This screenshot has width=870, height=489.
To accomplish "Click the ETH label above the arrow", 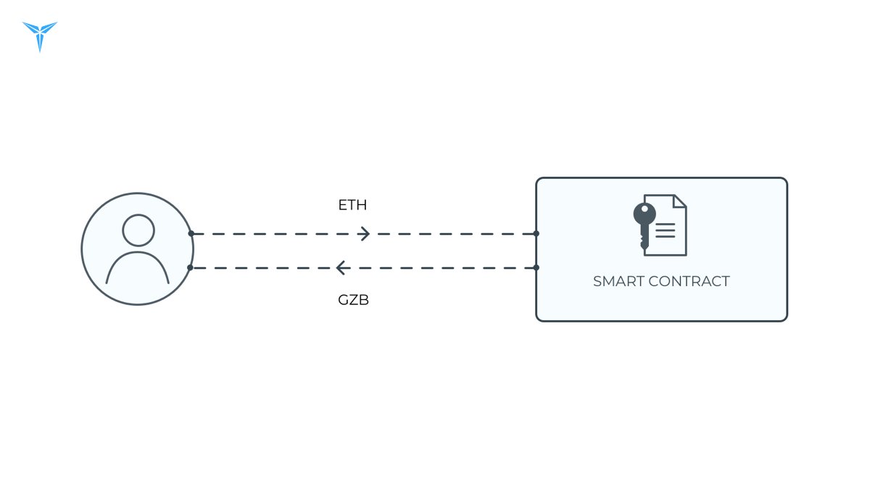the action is (x=352, y=205).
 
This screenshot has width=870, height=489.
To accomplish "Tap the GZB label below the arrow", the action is (x=353, y=300).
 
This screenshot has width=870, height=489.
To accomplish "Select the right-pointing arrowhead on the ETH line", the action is (x=364, y=233).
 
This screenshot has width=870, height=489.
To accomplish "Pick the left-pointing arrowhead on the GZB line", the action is (x=341, y=268).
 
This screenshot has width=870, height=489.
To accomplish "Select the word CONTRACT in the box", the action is (x=689, y=281).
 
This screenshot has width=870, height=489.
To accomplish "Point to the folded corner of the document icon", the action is (x=680, y=201).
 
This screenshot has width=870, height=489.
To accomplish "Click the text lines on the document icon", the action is (x=666, y=230).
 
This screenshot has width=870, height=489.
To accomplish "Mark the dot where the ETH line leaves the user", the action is (x=191, y=233).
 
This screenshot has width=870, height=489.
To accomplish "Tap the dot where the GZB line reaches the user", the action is (x=190, y=268).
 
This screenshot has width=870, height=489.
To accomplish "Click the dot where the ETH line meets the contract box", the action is (x=536, y=233).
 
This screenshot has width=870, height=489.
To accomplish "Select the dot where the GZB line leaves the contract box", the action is (x=536, y=268).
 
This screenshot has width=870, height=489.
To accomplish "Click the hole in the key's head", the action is (x=645, y=209).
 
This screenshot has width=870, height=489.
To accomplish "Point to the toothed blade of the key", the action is (x=644, y=237).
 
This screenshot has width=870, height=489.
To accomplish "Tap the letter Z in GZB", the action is (x=354, y=300).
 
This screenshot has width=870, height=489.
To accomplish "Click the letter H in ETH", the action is (x=362, y=205).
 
